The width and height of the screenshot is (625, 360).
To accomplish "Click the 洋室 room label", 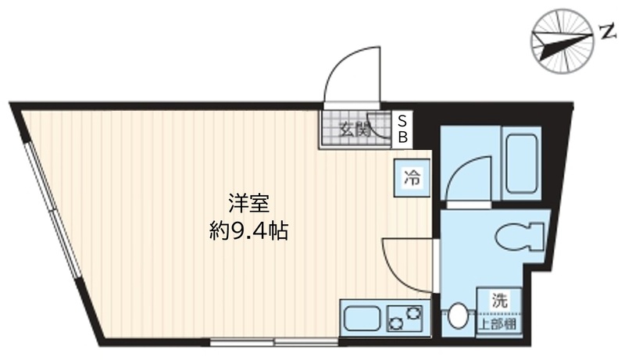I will tap(249, 203).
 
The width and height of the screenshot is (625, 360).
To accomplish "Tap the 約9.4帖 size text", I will tap(249, 231).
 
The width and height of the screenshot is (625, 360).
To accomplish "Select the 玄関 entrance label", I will tap(353, 130).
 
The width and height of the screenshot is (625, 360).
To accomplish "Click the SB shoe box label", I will tap(403, 130).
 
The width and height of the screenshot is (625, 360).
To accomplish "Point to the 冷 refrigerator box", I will tap(411, 178).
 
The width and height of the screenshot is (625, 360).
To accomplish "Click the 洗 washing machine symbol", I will tap(498, 298).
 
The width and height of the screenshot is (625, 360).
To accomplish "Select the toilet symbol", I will tap(520, 236).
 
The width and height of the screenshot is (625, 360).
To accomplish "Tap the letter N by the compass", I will tap(606, 32).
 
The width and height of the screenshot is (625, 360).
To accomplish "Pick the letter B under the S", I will tap(403, 137).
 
